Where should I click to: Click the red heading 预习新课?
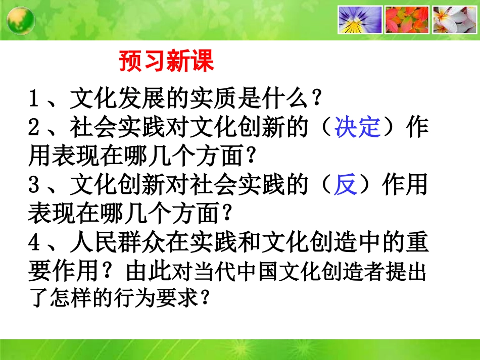[167, 62]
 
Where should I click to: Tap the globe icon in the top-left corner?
[21, 20]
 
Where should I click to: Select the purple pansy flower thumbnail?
[359, 20]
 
